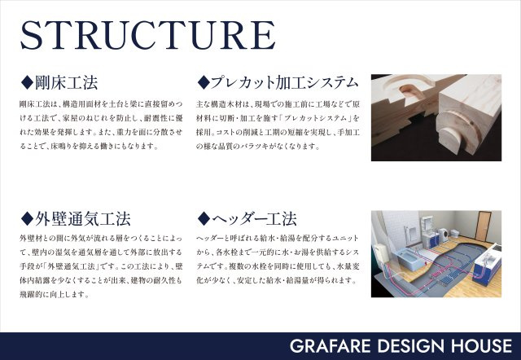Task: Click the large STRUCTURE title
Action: (x=147, y=33)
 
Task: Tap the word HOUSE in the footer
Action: (x=473, y=345)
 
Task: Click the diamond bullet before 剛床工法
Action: (x=26, y=82)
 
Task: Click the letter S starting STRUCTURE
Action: (x=35, y=33)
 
